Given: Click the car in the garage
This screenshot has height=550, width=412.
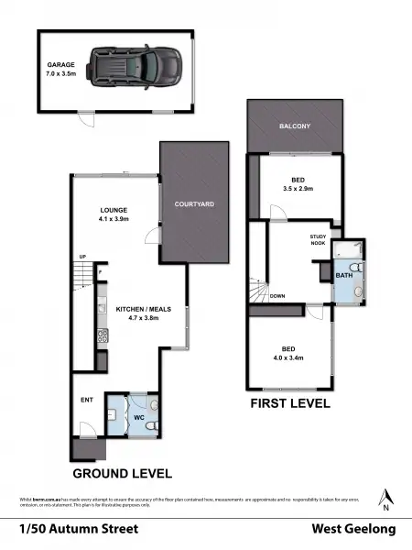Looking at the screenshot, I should pos(134,66).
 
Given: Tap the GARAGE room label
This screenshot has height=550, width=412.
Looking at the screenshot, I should pos(60,65).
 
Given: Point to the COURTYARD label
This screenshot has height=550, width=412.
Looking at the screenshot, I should pos(195,203).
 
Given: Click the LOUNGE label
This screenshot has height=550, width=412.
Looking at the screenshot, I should pos(114,209).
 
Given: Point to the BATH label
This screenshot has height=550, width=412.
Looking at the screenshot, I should pos(343,275).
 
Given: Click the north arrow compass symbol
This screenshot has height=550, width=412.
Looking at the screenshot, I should pos(386,497).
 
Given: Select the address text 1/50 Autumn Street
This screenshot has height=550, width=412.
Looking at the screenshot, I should pos(79,529).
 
